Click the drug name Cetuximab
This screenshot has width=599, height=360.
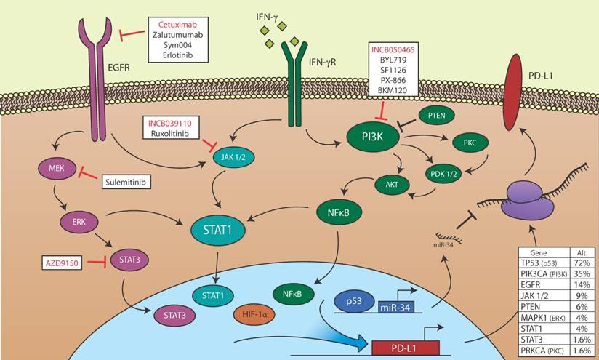coord(178,24)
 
